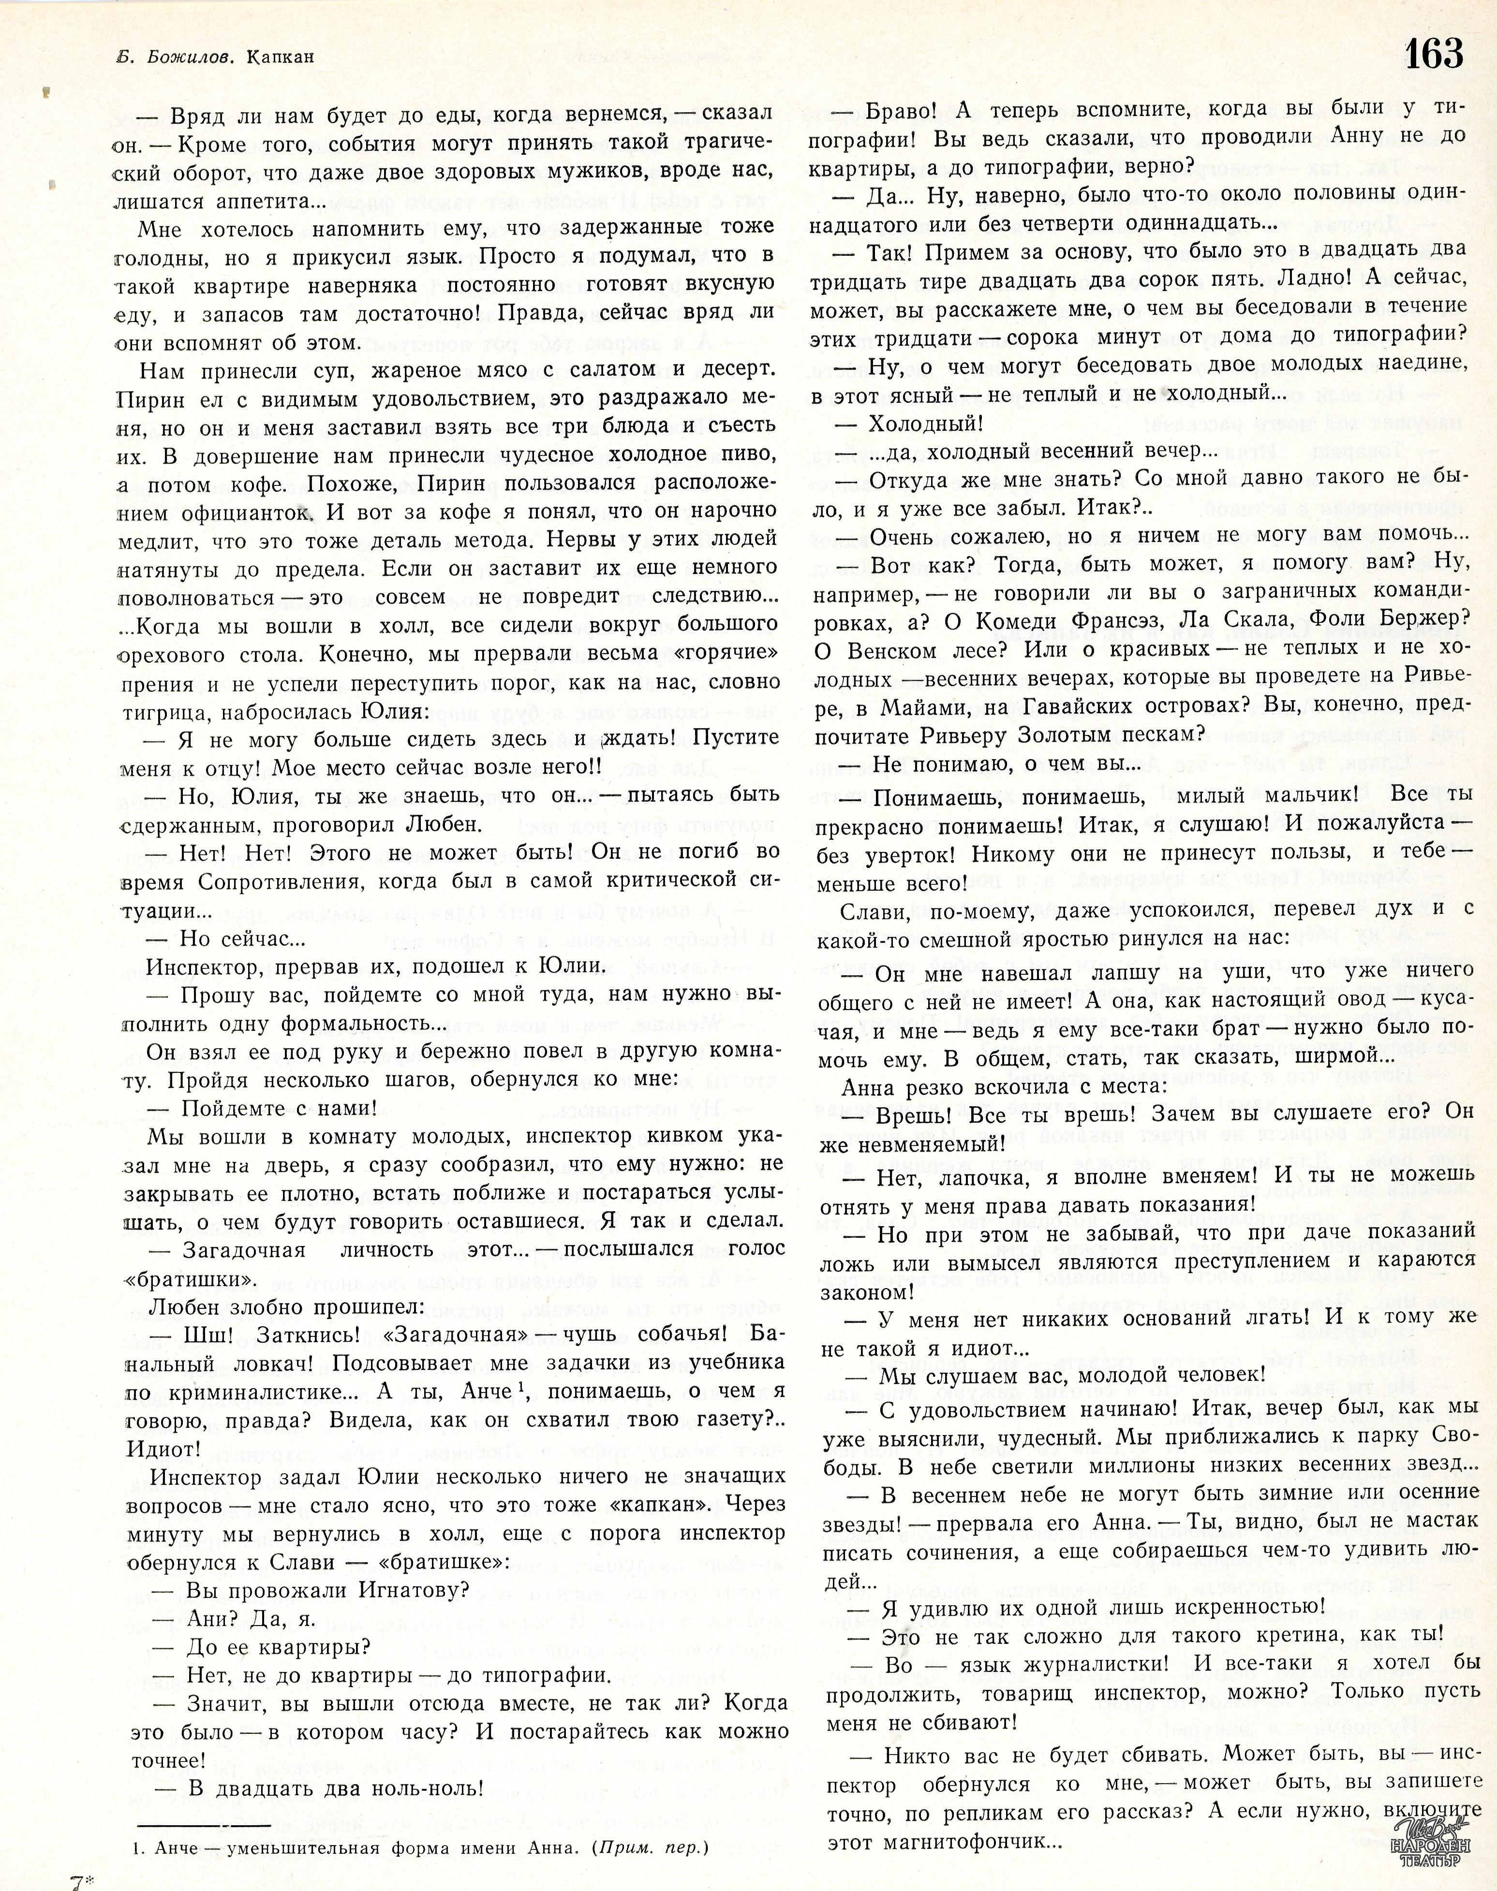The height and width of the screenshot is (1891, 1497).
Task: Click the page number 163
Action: tap(1434, 54)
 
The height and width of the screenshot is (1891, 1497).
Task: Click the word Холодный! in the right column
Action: tap(925, 423)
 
